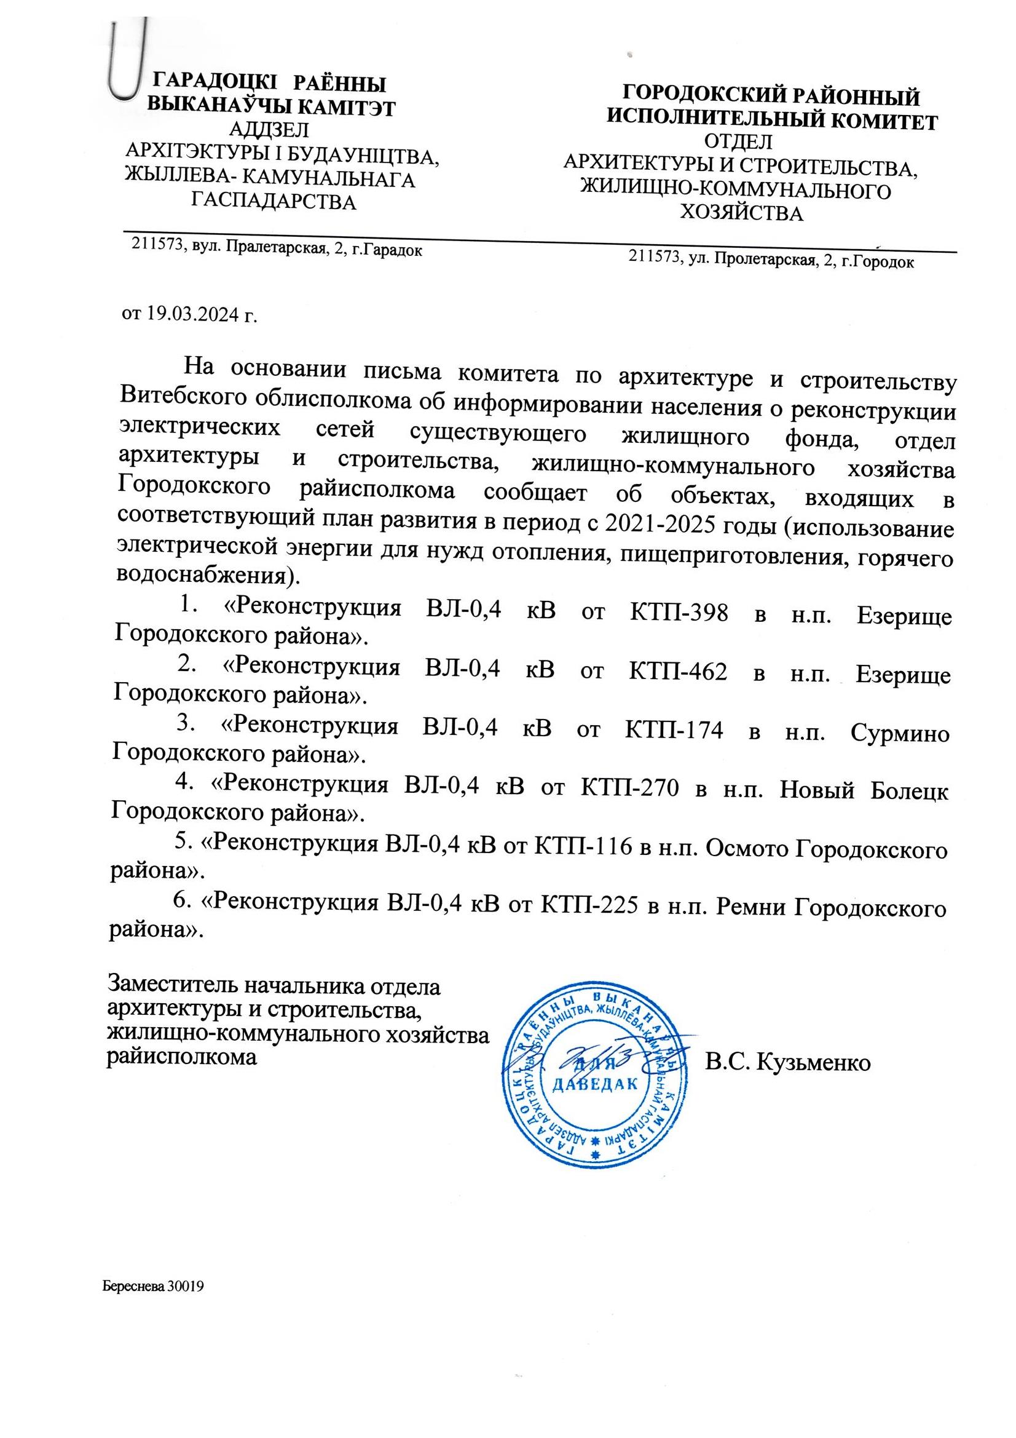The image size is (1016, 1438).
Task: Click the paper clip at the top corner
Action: point(128,60)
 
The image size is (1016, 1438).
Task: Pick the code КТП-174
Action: point(674,729)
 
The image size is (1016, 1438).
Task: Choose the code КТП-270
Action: point(631,789)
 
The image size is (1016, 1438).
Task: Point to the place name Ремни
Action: point(749,905)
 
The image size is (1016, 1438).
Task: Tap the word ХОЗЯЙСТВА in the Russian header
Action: point(741,214)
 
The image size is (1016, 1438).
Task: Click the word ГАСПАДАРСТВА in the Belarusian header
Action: point(274,202)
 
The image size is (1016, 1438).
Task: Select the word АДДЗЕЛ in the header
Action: point(269,130)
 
